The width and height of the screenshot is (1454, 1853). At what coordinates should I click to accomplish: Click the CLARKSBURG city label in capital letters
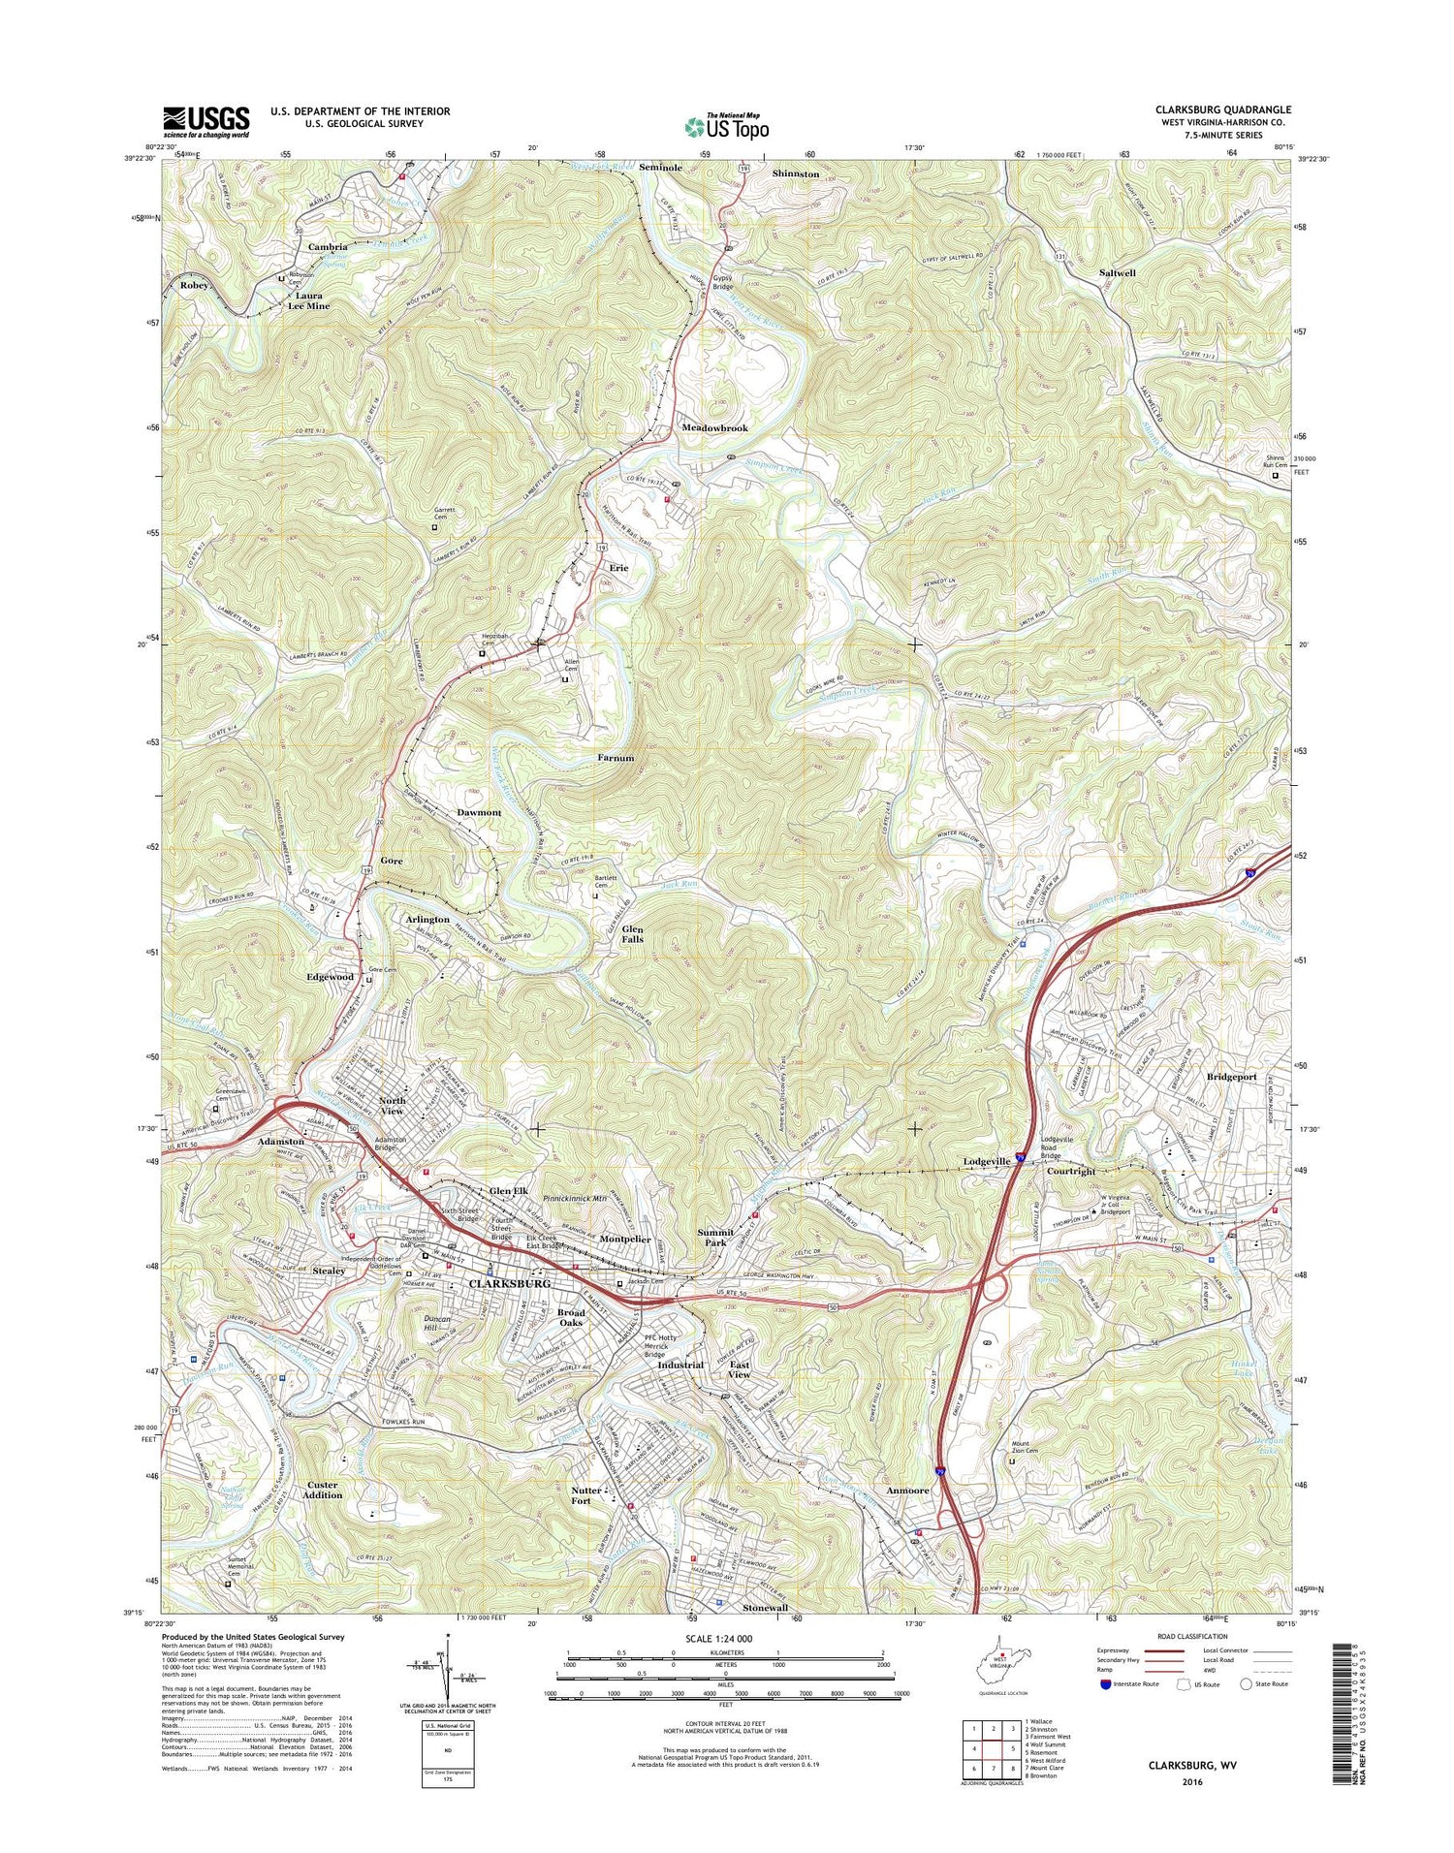pyautogui.click(x=509, y=1283)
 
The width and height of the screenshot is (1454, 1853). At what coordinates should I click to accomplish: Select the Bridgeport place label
pyautogui.click(x=1231, y=1077)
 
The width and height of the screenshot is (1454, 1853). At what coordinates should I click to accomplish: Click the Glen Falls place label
pyautogui.click(x=632, y=933)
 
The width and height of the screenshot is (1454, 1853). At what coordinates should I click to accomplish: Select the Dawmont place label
pyautogui.click(x=479, y=812)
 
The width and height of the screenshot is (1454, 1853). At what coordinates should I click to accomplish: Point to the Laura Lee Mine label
pyautogui.click(x=308, y=300)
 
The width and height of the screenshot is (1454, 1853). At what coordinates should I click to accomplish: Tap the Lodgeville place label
pyautogui.click(x=987, y=1161)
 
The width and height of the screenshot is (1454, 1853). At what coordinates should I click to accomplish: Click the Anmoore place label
pyautogui.click(x=906, y=1491)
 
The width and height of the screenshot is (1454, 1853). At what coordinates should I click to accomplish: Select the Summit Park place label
pyautogui.click(x=715, y=1238)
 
